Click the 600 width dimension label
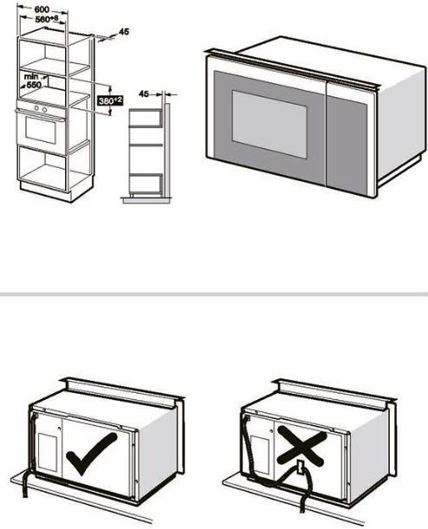[42, 10]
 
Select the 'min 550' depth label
[32, 81]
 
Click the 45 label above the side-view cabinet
[144, 94]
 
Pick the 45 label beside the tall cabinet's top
[124, 32]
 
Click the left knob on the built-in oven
[37, 108]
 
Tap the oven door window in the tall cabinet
[41, 132]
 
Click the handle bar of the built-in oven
[41, 115]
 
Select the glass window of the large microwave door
[269, 124]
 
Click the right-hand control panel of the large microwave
[347, 141]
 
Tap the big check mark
[92, 453]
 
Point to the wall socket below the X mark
[300, 468]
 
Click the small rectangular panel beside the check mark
[48, 452]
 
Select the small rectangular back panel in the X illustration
[260, 453]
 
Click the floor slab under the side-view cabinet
[146, 200]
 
